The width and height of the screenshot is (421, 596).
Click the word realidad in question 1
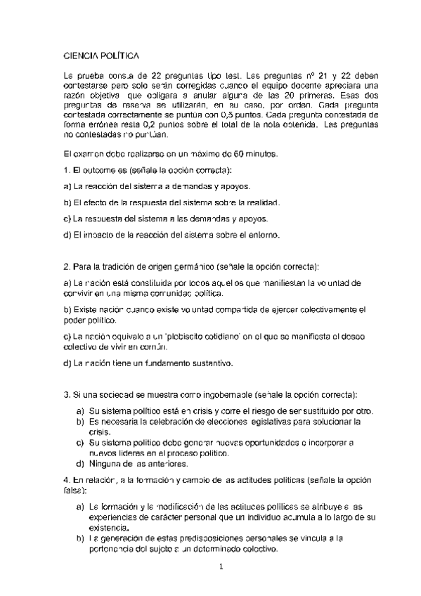(261, 202)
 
